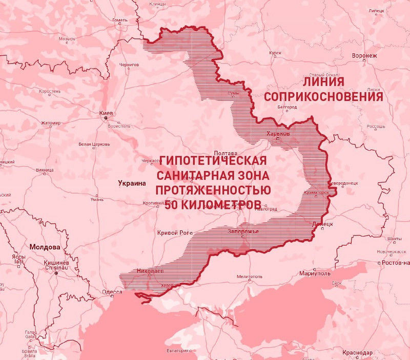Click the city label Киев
click(x=106, y=113)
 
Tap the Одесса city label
click(x=112, y=292)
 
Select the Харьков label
click(x=278, y=133)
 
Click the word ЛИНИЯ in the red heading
click(x=323, y=81)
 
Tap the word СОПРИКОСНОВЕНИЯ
click(x=324, y=96)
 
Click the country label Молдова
click(x=45, y=247)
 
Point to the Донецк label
click(x=322, y=224)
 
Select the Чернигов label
click(x=129, y=65)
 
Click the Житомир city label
click(x=51, y=123)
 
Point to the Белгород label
click(x=286, y=107)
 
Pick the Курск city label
click(x=275, y=53)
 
